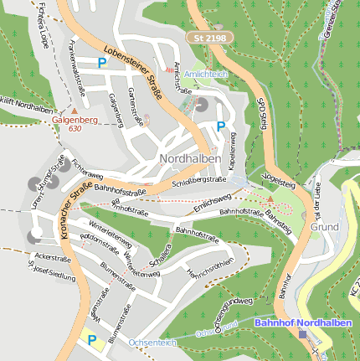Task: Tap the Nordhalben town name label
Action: point(190,158)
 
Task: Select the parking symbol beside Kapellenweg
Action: point(221,126)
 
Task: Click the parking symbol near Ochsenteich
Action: point(92,339)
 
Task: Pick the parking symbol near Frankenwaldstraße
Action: point(102,62)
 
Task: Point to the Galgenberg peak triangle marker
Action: point(74,110)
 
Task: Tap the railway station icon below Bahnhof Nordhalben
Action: point(302,333)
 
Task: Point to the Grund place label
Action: point(324,227)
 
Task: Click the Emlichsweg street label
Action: point(211,202)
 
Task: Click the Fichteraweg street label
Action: point(86,167)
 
